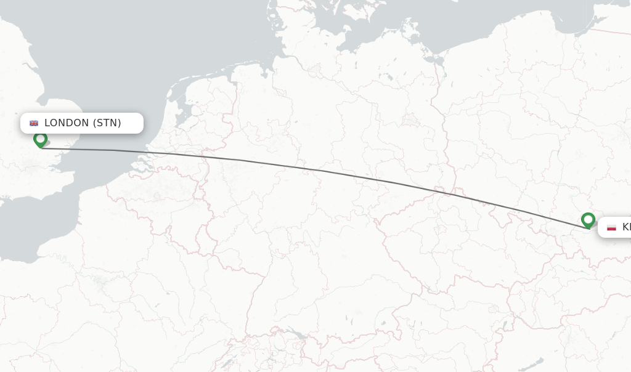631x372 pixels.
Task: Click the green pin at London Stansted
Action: (41, 139)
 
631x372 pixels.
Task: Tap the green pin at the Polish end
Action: (588, 220)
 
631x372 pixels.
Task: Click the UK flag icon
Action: (34, 123)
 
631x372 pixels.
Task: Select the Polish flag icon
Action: (611, 227)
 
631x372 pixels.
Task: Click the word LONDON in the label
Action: (67, 123)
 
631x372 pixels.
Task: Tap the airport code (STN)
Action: (107, 123)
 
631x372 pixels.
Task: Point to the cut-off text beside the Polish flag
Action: (626, 227)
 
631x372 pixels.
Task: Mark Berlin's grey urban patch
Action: (409, 119)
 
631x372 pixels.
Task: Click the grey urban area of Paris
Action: (99, 284)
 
